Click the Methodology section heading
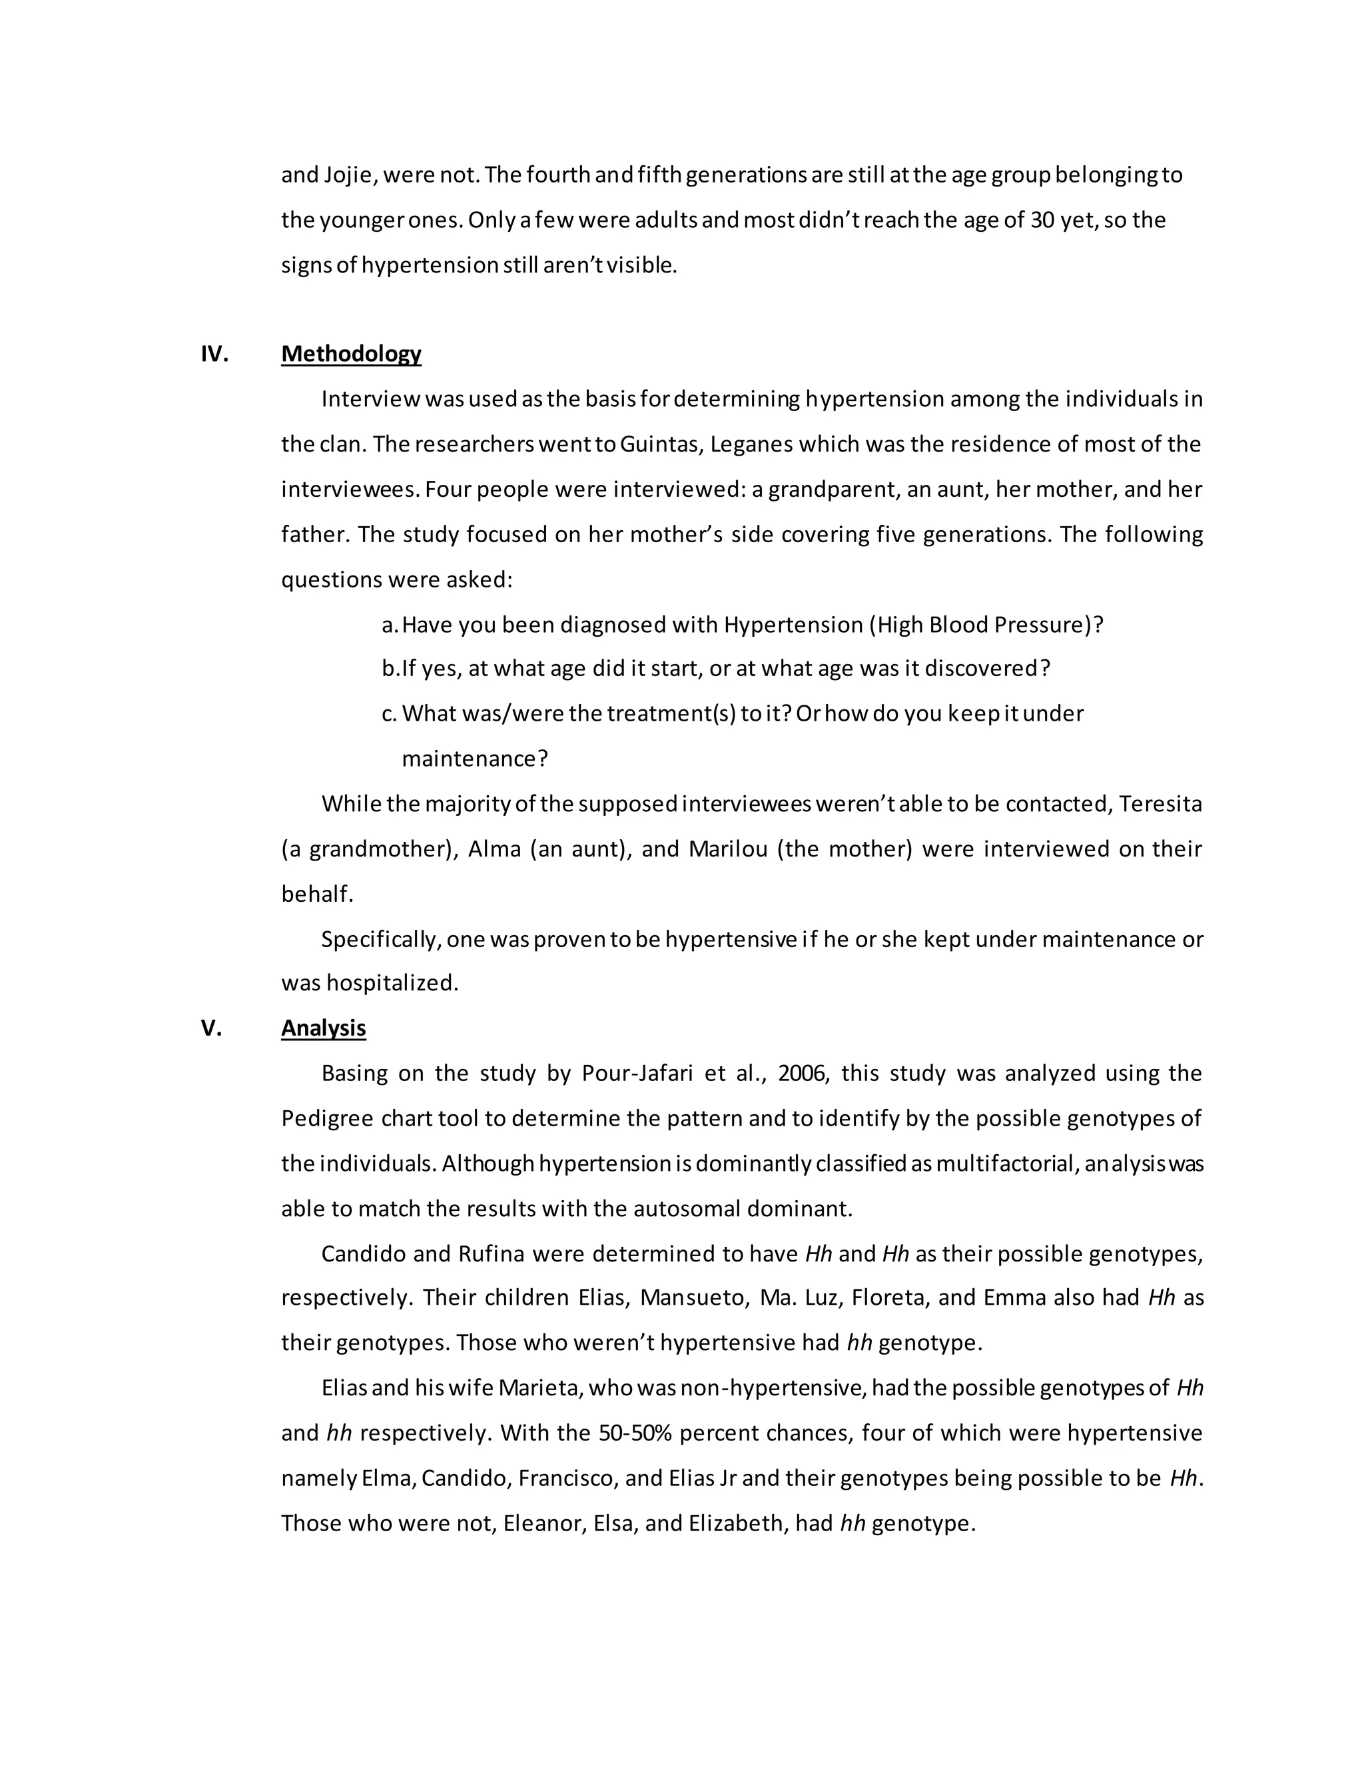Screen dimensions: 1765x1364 351,354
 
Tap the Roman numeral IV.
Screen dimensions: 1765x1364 214,354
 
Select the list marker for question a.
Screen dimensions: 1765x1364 390,625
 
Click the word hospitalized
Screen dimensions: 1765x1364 392,984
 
